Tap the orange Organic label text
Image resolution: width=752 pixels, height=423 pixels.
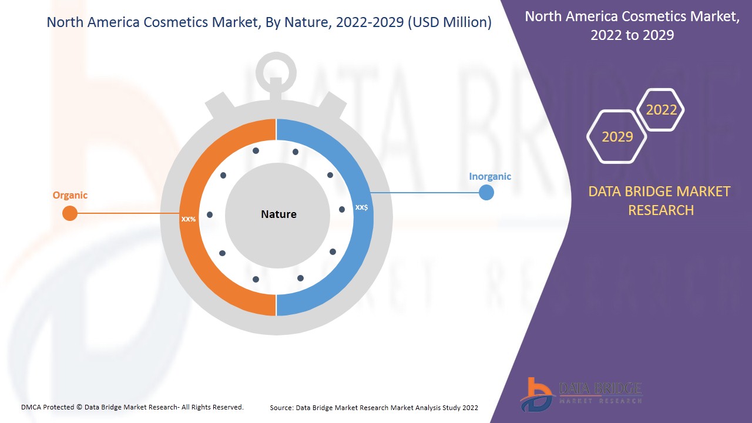point(70,196)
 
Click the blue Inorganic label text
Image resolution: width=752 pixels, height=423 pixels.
point(490,176)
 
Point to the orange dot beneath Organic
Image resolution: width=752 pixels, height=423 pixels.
point(70,213)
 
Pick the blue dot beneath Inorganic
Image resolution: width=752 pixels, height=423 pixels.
point(486,192)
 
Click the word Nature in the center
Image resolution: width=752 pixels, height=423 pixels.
point(278,214)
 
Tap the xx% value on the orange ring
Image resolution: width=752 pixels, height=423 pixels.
point(189,219)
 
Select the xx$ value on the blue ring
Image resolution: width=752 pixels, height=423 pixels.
point(361,207)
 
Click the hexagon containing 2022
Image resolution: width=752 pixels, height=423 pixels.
point(662,110)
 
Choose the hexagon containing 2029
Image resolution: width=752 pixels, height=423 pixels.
point(617,137)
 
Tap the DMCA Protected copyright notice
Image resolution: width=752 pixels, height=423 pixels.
point(132,407)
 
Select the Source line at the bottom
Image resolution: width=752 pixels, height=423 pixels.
point(374,407)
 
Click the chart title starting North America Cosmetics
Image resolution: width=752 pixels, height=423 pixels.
point(269,23)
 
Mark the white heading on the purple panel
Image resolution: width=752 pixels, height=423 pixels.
point(632,26)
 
